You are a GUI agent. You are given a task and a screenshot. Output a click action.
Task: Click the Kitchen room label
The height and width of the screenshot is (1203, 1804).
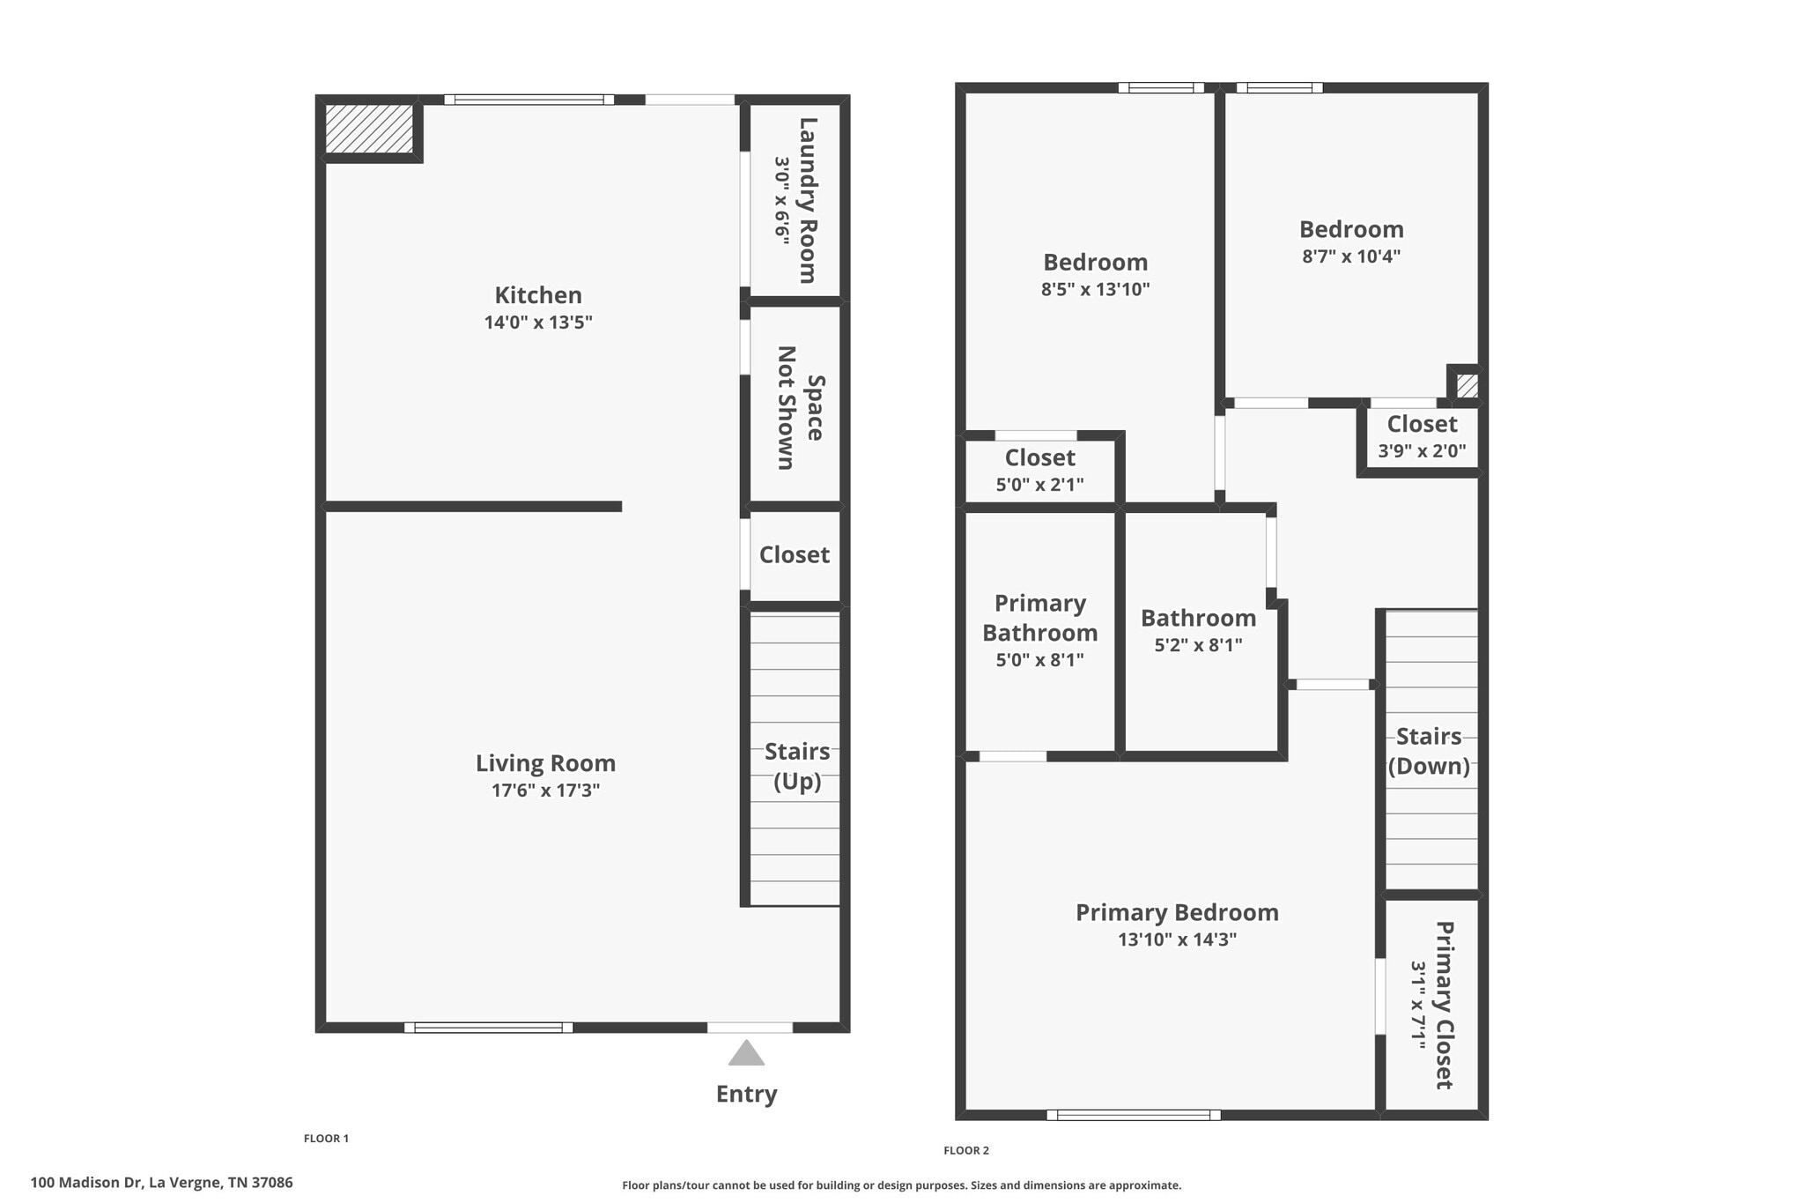[x=537, y=295]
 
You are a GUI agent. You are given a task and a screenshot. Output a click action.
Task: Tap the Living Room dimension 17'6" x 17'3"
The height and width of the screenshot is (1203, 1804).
[x=545, y=791]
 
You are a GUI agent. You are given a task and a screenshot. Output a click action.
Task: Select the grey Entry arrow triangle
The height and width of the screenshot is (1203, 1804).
[x=746, y=1053]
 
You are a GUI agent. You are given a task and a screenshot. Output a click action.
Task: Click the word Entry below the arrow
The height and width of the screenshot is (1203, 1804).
[x=746, y=1094]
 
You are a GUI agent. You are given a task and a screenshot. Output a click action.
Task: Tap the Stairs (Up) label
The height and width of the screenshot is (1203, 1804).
[x=797, y=766]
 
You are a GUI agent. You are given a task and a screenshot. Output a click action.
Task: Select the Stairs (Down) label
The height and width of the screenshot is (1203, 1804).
[x=1429, y=751]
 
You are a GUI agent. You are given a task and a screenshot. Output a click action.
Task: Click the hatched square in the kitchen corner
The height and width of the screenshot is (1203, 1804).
[x=369, y=129]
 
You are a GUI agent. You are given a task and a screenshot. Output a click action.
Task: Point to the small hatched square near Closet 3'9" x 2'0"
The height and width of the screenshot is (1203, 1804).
[x=1467, y=386]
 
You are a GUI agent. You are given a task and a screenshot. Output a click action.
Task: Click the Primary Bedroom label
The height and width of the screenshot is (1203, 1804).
[x=1177, y=912]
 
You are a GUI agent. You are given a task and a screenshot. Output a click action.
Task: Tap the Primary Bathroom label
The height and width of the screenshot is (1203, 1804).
[x=1039, y=618]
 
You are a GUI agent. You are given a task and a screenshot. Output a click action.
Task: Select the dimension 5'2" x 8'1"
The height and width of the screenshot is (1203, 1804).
[x=1198, y=645]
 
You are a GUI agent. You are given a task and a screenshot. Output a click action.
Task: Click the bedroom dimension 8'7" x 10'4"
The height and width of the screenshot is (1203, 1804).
[x=1351, y=256]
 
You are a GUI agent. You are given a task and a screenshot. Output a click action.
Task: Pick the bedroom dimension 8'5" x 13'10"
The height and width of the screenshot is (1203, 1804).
[x=1095, y=289]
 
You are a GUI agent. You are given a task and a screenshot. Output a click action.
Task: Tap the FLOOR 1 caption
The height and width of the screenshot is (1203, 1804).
[x=326, y=1138]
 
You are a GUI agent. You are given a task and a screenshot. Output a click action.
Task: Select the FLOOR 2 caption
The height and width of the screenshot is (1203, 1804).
[x=966, y=1150]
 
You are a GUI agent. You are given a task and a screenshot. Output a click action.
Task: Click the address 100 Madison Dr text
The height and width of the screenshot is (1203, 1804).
[x=161, y=1183]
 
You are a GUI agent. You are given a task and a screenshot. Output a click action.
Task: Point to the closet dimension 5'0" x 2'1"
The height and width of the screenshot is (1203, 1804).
[x=1039, y=485]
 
